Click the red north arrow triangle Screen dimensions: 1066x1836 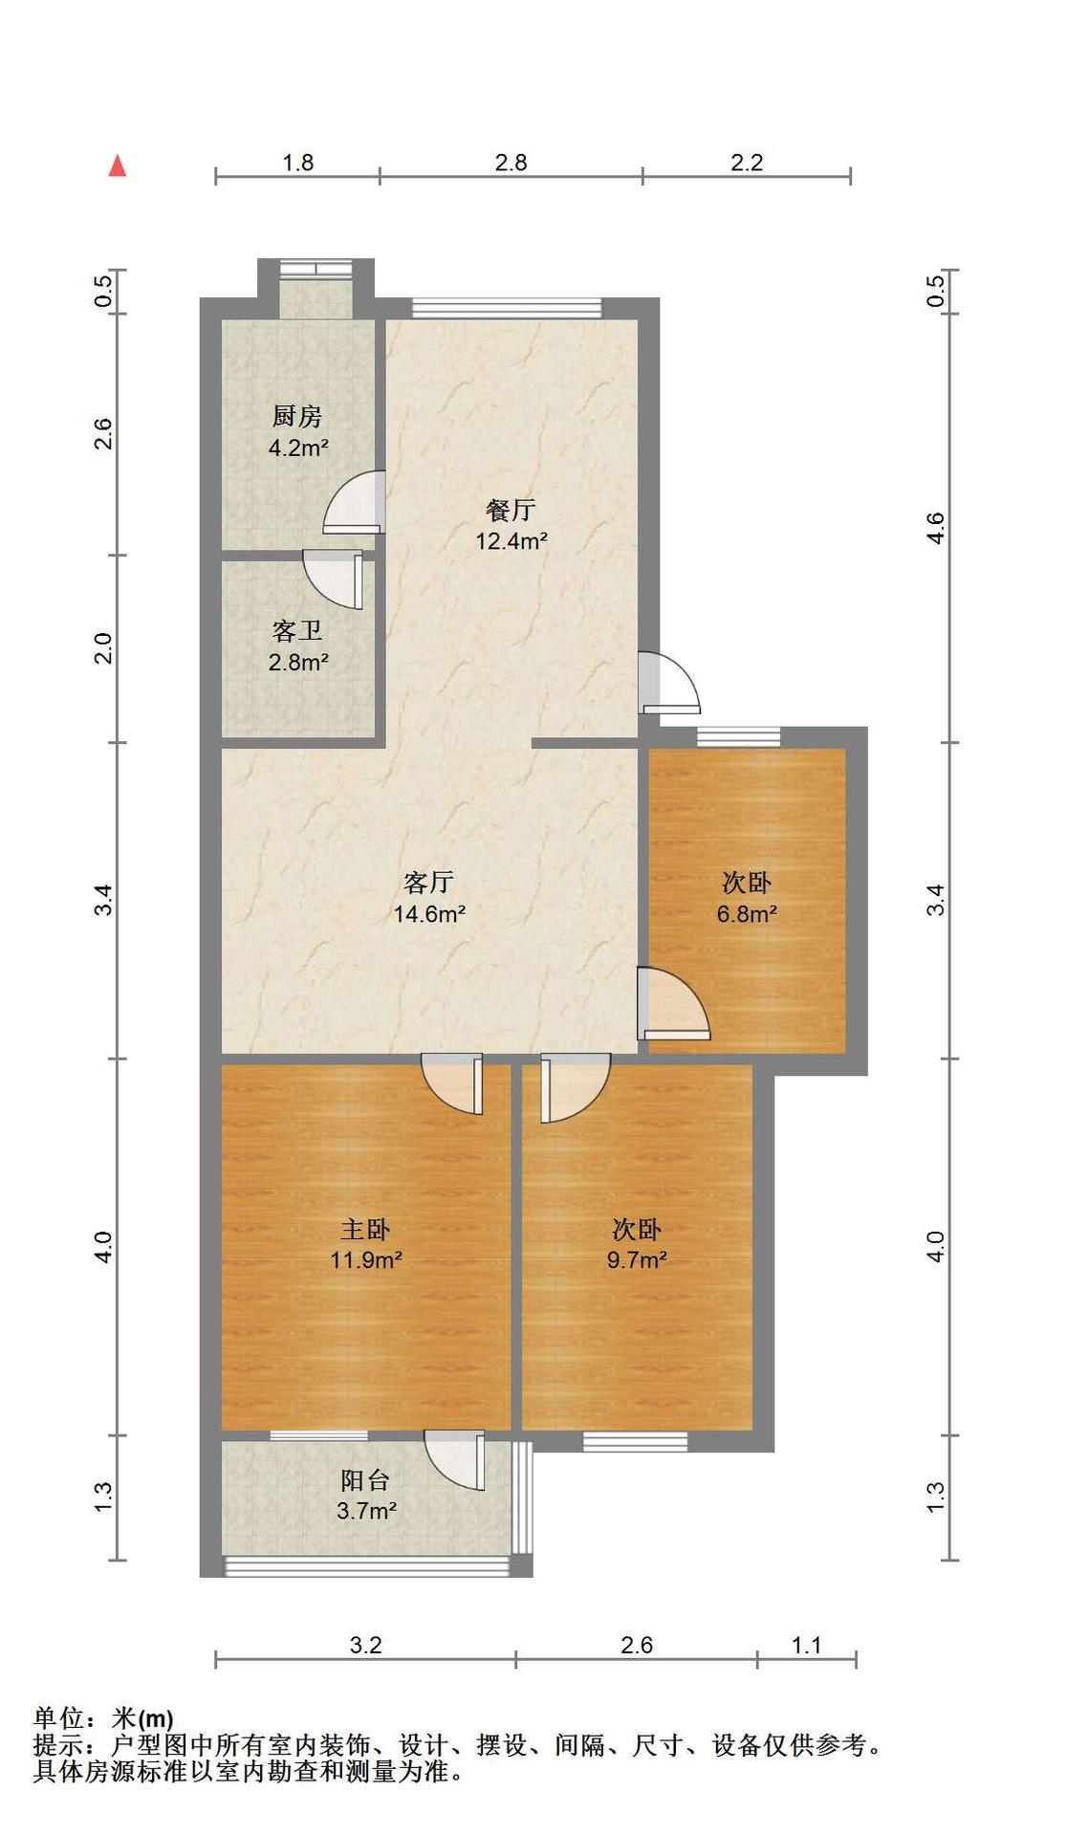point(118,166)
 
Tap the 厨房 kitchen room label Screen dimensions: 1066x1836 point(297,417)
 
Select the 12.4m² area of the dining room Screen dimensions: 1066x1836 point(511,541)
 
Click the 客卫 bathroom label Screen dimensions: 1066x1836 point(297,631)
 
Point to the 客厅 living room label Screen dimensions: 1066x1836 point(428,882)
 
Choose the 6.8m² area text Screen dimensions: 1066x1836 point(747,914)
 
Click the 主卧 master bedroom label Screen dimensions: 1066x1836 point(365,1229)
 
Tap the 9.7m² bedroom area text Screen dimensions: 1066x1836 point(637,1260)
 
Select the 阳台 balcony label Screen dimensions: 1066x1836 point(365,1480)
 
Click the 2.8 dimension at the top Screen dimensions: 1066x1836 point(511,163)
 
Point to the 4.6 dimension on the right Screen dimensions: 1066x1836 point(936,528)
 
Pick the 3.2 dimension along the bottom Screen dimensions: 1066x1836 point(365,1646)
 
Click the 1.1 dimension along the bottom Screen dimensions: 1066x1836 point(807,1646)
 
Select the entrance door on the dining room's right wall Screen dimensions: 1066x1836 point(669,682)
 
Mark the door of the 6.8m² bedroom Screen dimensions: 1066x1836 point(674,1004)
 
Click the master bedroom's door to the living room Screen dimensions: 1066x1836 point(452,1084)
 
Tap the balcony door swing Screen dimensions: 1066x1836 point(455,1460)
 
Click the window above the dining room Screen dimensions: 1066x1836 point(508,308)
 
